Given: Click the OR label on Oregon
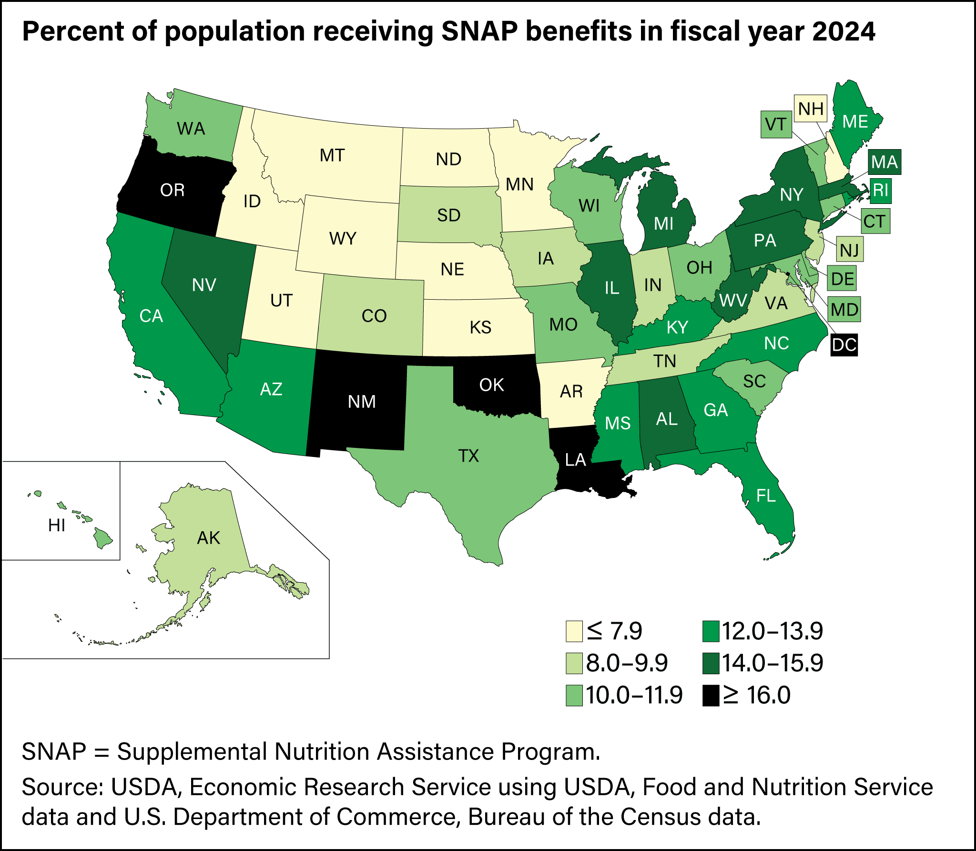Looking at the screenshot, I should (172, 190).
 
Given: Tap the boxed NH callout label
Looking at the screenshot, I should (811, 109).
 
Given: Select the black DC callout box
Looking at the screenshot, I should (844, 344).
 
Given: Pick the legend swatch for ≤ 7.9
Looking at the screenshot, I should (574, 631).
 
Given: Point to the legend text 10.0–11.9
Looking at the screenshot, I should (634, 696).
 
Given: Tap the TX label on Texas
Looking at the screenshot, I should (468, 456).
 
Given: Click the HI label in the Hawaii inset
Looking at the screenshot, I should (56, 526).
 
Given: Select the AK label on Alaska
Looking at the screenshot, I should (208, 538).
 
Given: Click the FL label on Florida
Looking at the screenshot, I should (766, 496).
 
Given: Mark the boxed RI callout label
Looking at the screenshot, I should (880, 190).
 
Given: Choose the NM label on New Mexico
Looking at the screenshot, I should (362, 402).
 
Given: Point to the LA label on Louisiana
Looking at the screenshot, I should (575, 460).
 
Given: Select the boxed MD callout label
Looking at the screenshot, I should (844, 310).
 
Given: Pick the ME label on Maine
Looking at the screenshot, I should (855, 122).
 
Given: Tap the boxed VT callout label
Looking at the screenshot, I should (775, 124).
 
